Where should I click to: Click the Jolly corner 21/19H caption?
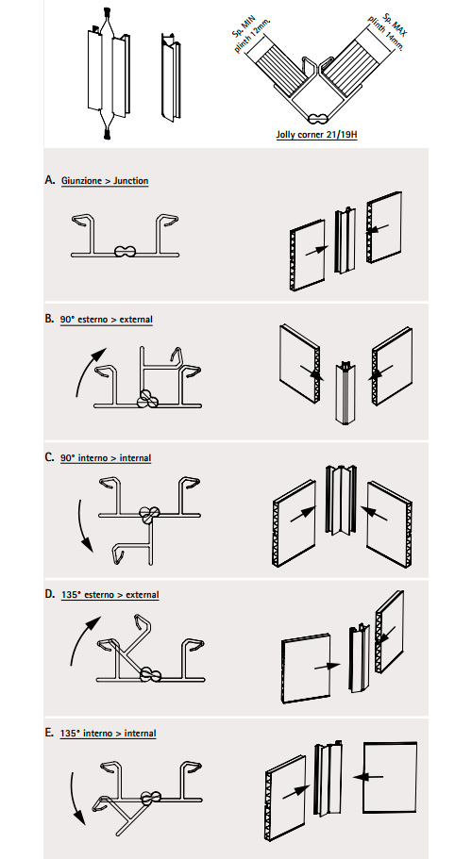316,134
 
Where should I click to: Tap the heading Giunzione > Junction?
105,181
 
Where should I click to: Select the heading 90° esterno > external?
107,320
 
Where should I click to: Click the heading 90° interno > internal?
106,458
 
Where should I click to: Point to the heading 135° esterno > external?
110,595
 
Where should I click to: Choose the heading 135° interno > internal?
109,734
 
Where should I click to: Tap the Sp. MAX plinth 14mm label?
386,32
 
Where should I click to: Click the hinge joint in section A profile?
126,252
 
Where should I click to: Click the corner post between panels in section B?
345,393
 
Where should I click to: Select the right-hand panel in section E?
390,777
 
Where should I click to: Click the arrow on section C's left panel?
302,515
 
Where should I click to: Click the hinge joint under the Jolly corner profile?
317,118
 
